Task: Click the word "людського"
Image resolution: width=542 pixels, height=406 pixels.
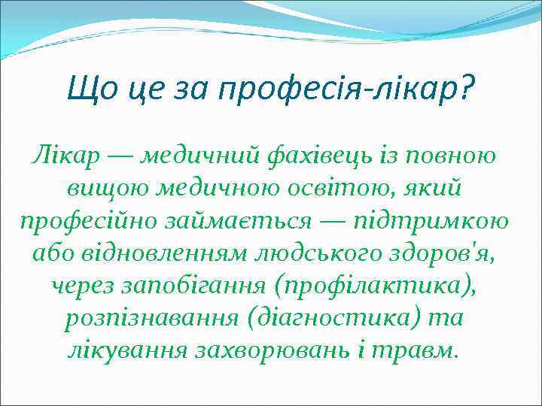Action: click(304, 255)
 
